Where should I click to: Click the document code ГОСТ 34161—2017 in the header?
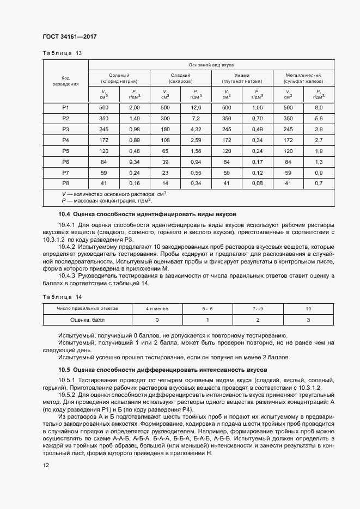coord(70,36)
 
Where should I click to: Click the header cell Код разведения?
coord(65,81)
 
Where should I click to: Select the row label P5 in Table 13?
coord(65,150)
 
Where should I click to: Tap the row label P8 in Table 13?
coord(65,182)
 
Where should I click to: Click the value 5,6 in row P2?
coord(319,118)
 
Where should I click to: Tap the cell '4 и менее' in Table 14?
coord(157,309)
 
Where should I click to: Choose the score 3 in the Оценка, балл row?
coord(308,320)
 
